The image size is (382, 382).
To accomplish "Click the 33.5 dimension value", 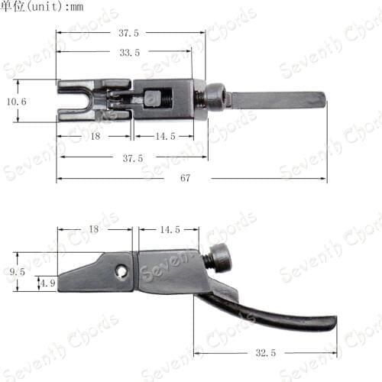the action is point(130,53).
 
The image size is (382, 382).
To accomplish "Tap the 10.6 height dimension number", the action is point(17,102).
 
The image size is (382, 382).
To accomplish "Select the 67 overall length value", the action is point(185,178).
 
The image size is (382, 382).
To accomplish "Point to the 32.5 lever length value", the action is point(266,353).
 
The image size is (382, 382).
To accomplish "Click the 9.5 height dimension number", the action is point(18,272).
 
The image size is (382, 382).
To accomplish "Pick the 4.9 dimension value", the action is point(48,283).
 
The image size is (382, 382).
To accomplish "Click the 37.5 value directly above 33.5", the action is point(128,33).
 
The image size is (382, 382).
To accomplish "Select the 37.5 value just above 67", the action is point(133,158).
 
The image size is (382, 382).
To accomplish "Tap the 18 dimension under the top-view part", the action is point(95,136).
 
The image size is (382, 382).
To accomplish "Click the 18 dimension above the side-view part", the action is point(94,229).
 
